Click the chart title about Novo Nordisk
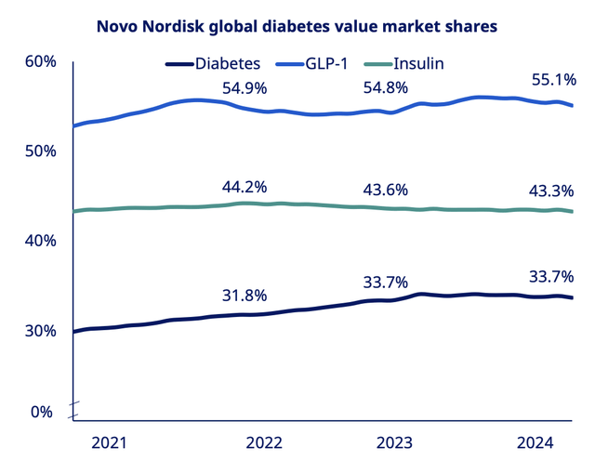pos(297,27)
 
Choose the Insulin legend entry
pos(418,63)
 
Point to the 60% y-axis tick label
pos(41,61)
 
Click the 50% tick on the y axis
pos(41,151)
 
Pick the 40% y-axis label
pos(41,240)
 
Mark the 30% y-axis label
pos(41,331)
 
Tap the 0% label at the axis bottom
pos(43,411)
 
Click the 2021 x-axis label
pos(111,443)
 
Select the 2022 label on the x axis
pos(264,443)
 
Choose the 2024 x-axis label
pos(535,443)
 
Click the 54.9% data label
pos(245,88)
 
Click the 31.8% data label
pos(245,296)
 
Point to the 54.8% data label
pos(385,88)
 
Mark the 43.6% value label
pos(385,190)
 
